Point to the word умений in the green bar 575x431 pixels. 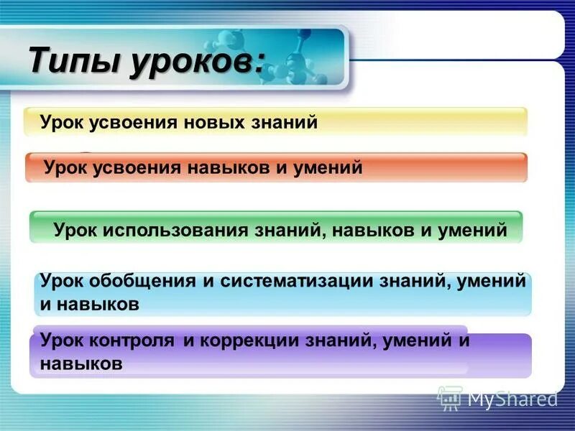coord(471,230)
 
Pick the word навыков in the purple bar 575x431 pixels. coord(81,363)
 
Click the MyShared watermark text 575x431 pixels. coord(512,398)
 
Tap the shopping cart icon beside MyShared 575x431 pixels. coord(449,397)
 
